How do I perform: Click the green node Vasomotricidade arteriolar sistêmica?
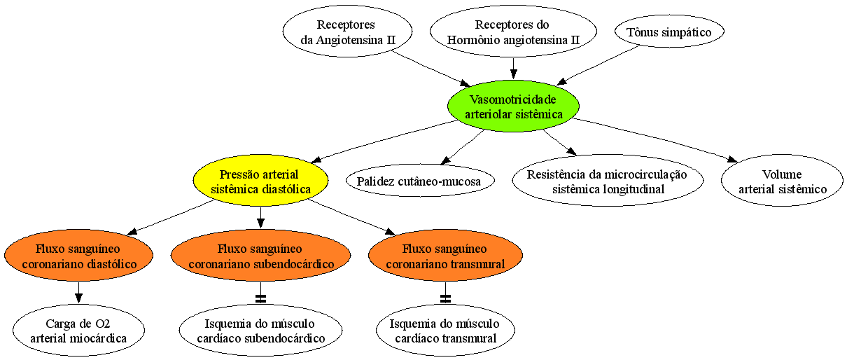(513, 106)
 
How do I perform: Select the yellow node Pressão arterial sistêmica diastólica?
(260, 181)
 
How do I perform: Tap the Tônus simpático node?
(669, 32)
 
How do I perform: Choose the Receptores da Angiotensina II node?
(347, 32)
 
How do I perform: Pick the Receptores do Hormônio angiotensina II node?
(513, 32)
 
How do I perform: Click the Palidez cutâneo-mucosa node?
(420, 181)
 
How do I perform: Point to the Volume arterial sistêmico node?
(783, 181)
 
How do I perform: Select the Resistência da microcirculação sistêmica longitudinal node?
(608, 181)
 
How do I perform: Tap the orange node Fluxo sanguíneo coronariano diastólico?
(78, 255)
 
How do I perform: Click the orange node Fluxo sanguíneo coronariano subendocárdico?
(260, 255)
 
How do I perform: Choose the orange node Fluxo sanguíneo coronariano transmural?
(445, 255)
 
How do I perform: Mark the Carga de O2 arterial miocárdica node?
(78, 330)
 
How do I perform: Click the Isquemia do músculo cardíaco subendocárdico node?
(260, 330)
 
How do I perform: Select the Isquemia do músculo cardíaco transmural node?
(445, 330)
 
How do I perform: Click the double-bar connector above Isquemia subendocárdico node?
(260, 299)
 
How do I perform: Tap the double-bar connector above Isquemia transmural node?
(445, 299)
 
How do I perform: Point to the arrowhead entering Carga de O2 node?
(78, 298)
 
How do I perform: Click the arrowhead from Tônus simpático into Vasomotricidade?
(562, 82)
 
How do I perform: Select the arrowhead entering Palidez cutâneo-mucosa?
(446, 160)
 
